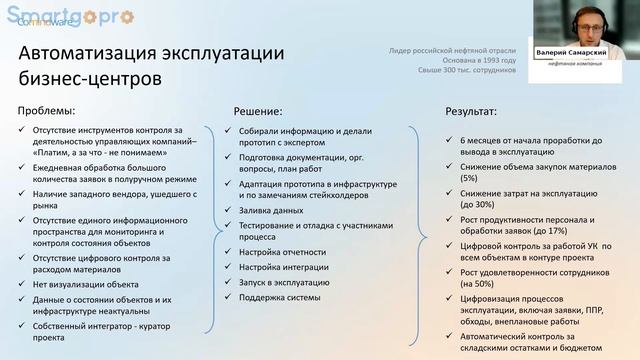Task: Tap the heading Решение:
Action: click(x=258, y=112)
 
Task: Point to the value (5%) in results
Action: click(x=469, y=177)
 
